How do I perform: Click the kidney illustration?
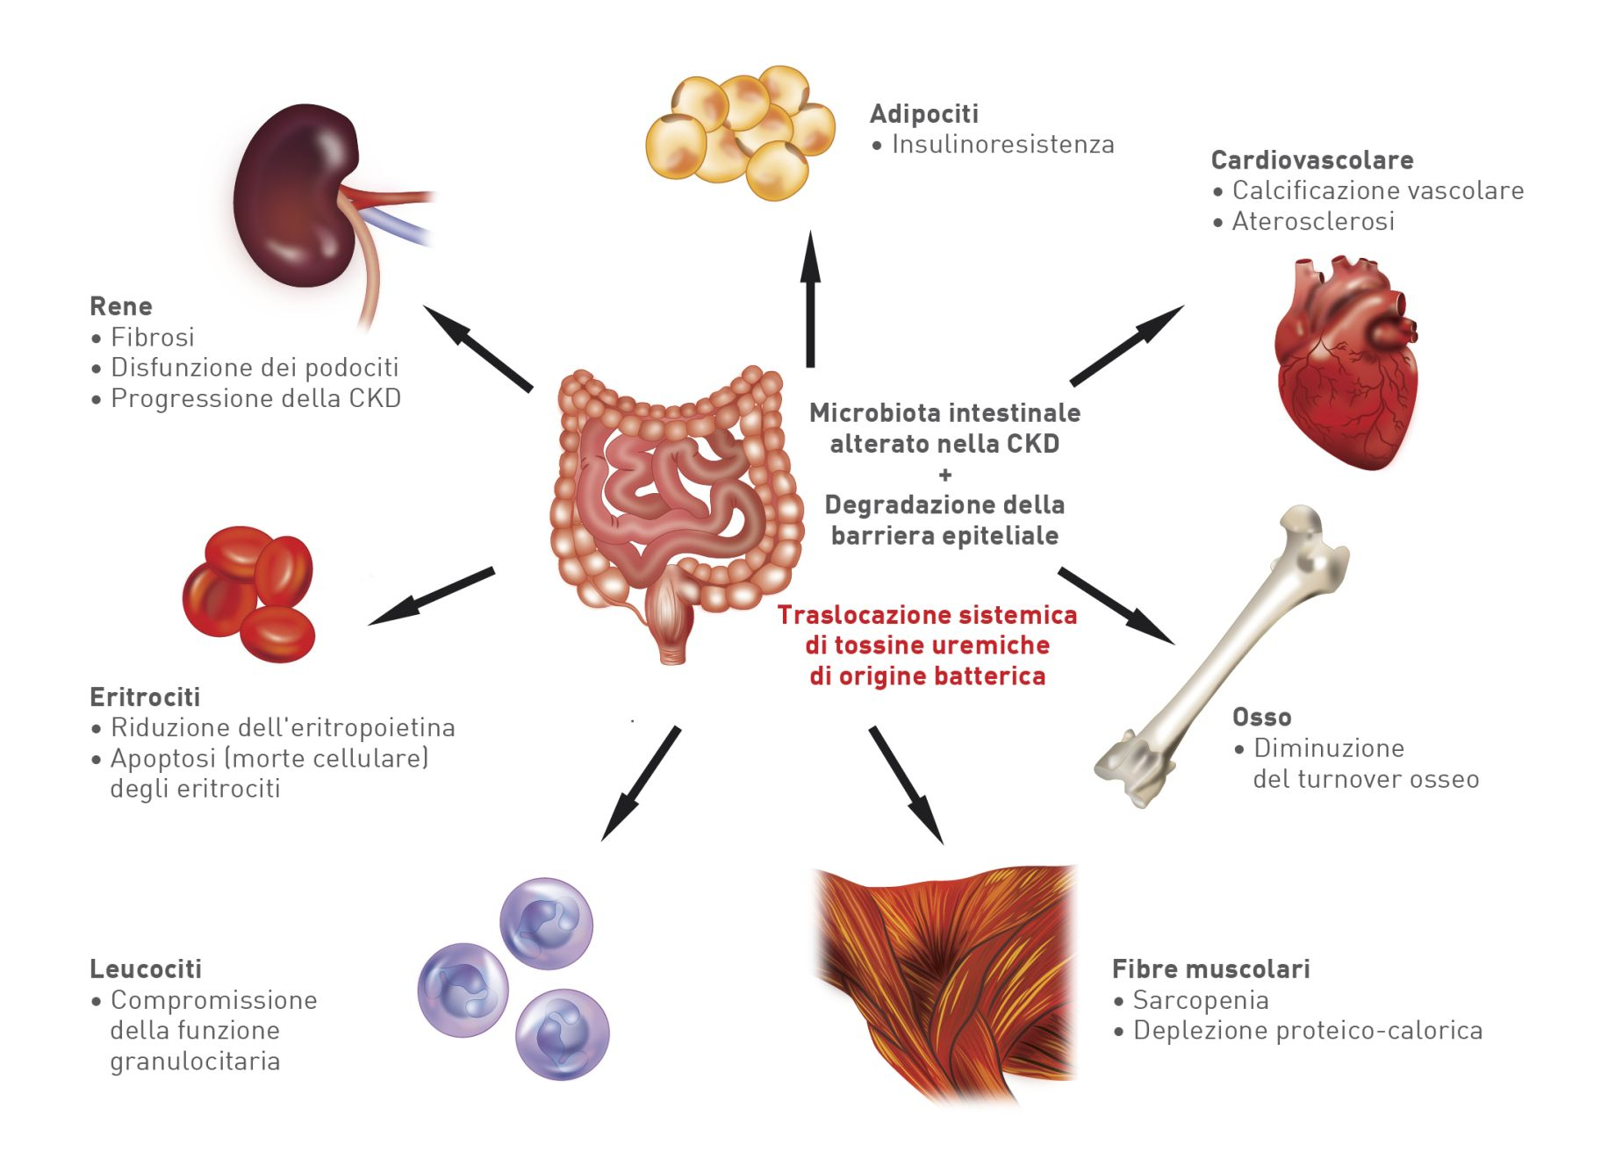(298, 197)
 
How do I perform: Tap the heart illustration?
(1343, 368)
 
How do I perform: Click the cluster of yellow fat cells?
(742, 132)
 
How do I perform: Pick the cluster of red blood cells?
(250, 592)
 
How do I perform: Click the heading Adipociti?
(923, 114)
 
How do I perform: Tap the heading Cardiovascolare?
(1311, 161)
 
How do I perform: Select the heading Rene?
(121, 306)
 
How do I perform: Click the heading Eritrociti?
(145, 697)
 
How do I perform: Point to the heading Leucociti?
(146, 969)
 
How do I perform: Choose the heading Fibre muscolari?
(1210, 969)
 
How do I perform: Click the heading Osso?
(1261, 718)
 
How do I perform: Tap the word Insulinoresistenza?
(1002, 145)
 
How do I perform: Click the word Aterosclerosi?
(1313, 222)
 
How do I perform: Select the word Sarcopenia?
(1200, 1000)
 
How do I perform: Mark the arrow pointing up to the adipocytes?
(810, 298)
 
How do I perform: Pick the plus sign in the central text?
(944, 475)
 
